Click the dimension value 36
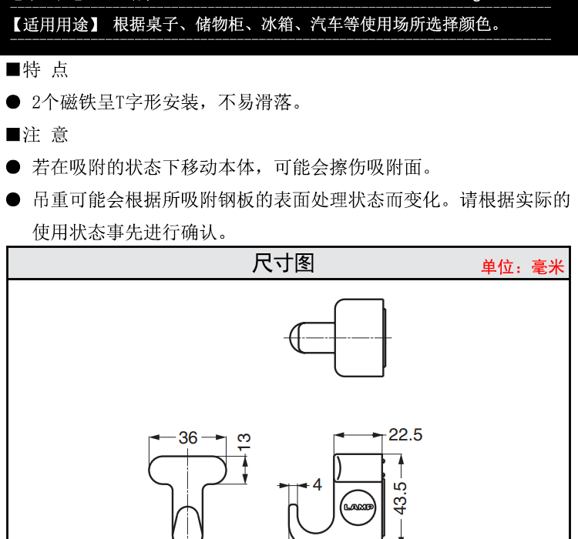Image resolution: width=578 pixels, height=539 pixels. (x=188, y=437)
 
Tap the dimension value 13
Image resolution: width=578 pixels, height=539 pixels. (x=244, y=441)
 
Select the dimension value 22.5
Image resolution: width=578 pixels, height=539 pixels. (x=405, y=435)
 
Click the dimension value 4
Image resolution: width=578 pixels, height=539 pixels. (x=317, y=484)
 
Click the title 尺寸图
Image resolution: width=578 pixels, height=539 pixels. (x=284, y=263)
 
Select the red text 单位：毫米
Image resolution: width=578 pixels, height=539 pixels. (x=523, y=267)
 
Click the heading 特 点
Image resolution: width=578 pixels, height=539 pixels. (x=45, y=70)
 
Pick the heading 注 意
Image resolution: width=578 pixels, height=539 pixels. (x=45, y=135)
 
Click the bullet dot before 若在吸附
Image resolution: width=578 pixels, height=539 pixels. (x=14, y=167)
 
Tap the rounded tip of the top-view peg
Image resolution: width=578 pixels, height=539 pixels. (x=294, y=336)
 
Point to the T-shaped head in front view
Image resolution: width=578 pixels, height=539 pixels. (x=188, y=469)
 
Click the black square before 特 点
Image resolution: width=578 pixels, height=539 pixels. (x=13, y=70)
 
